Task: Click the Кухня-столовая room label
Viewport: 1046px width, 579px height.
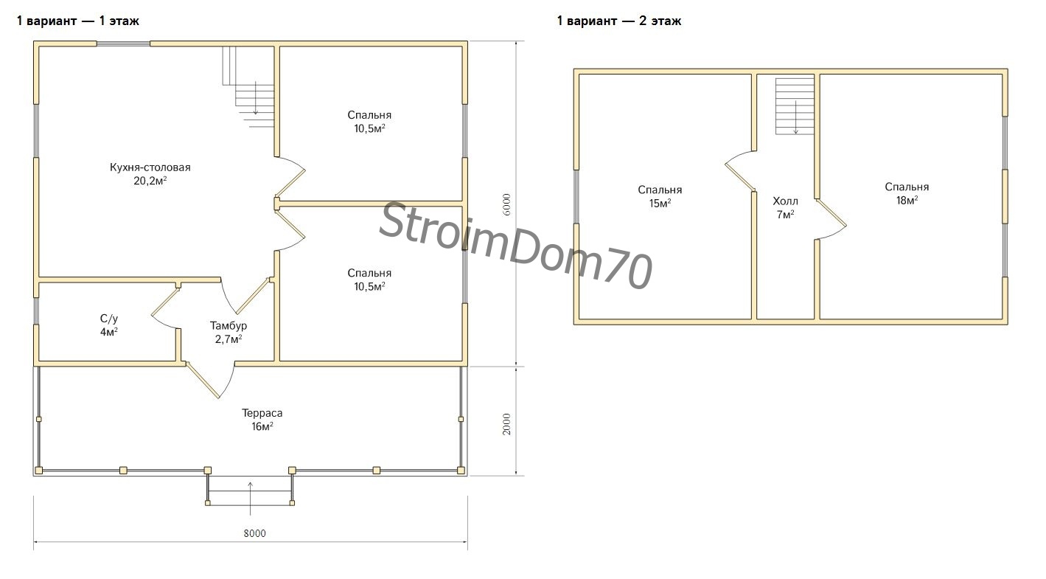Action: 150,167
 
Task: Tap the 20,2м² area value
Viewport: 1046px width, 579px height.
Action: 150,181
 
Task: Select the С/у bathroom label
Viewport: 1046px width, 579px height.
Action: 109,319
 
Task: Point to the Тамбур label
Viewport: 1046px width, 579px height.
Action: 229,326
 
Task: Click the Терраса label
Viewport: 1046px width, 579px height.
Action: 262,413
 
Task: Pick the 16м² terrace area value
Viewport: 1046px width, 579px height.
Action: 262,426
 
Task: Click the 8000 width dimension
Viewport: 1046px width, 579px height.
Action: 254,534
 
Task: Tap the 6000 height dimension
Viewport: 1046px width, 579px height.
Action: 507,204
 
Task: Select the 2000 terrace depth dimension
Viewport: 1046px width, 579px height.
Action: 507,424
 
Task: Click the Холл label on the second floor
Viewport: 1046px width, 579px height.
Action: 786,201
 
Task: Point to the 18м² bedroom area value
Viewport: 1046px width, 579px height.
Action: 907,201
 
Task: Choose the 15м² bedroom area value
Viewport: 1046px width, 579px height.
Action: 660,204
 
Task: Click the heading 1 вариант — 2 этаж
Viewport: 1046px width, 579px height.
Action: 618,21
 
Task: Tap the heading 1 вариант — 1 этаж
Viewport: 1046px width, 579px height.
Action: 78,21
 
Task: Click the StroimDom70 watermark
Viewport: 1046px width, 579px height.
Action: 515,245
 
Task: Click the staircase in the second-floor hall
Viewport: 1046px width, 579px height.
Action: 795,106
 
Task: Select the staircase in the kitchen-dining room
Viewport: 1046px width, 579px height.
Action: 248,86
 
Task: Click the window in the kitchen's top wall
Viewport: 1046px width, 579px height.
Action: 123,44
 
